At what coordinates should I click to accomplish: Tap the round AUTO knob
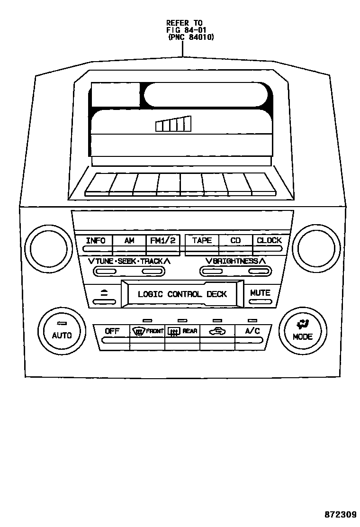(62, 332)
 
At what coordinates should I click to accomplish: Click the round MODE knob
(302, 332)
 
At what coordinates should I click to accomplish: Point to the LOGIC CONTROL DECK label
(182, 294)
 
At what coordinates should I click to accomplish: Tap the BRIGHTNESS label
(235, 261)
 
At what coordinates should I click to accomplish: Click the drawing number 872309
(340, 515)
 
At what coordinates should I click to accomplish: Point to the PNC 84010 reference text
(191, 37)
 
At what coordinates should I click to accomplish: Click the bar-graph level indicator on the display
(173, 124)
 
